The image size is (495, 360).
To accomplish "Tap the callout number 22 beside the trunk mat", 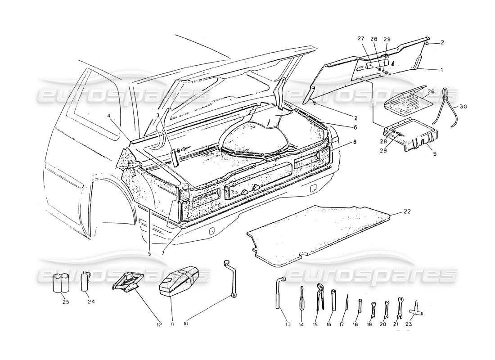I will click(x=407, y=211).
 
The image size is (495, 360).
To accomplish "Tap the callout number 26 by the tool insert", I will click(x=431, y=92).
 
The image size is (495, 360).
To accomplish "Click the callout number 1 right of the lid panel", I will click(x=442, y=70).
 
